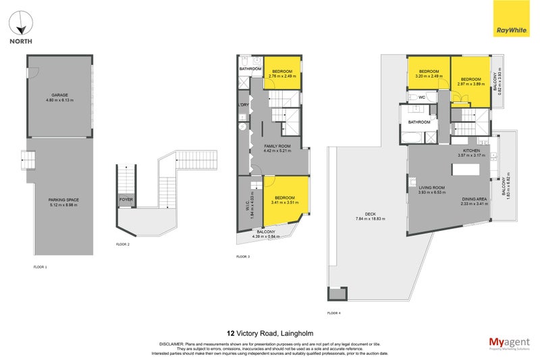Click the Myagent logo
coord(510,342)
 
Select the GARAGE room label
coord(60,95)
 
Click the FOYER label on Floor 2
coord(126,200)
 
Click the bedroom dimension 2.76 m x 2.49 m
coord(283,76)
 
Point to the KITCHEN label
coord(470,151)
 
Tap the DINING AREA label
coord(474,198)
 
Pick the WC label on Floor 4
coord(421,97)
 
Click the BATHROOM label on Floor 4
coord(418,122)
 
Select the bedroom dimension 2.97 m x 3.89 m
coord(470,83)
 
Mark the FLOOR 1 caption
coord(40,267)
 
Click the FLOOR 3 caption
coord(243,257)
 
